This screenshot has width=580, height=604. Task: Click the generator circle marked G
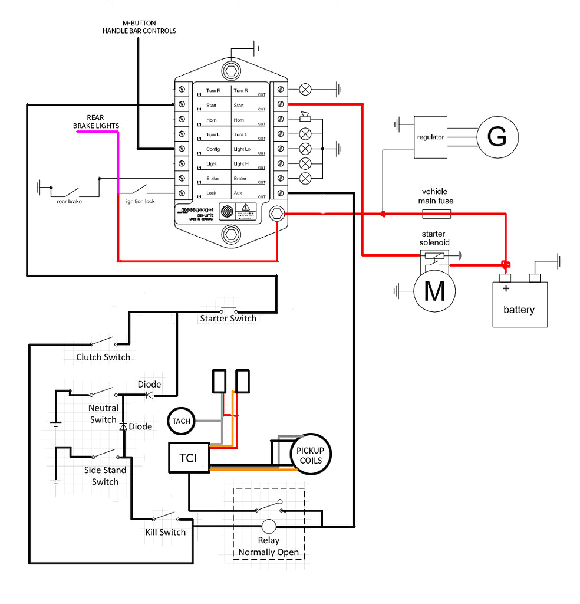pyautogui.click(x=497, y=137)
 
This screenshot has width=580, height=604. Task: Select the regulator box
pyautogui.click(x=430, y=137)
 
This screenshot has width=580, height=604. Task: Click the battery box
pyautogui.click(x=520, y=304)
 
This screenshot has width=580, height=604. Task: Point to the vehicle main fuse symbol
pyautogui.click(x=437, y=214)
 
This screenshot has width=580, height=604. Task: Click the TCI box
pyautogui.click(x=189, y=458)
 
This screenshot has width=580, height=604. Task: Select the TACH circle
pyautogui.click(x=182, y=421)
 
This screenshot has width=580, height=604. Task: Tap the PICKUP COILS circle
pyautogui.click(x=311, y=454)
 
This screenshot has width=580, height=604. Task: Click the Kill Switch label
pyautogui.click(x=166, y=532)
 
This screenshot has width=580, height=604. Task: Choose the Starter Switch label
pyautogui.click(x=228, y=319)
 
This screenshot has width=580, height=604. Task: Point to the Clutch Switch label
pyautogui.click(x=103, y=357)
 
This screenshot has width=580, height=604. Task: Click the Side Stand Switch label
pyautogui.click(x=105, y=476)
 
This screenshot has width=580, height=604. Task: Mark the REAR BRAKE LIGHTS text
pyautogui.click(x=95, y=122)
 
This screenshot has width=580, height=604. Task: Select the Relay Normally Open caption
pyautogui.click(x=269, y=547)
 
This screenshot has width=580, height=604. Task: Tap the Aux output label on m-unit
pyautogui.click(x=238, y=193)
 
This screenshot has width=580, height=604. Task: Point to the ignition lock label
pyautogui.click(x=140, y=201)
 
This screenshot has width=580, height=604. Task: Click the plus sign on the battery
pyautogui.click(x=505, y=289)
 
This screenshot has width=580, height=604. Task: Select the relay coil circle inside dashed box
pyautogui.click(x=269, y=526)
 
